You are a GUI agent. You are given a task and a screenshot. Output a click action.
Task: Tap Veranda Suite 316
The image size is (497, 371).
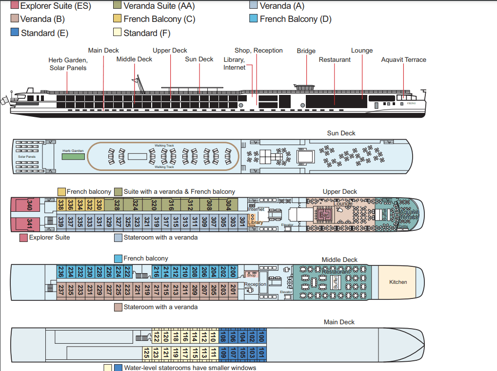point(171,204)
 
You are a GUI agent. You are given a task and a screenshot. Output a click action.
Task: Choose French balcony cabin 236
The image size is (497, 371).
point(61,272)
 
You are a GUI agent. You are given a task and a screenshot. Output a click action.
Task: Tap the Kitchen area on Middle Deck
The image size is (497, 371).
point(398,282)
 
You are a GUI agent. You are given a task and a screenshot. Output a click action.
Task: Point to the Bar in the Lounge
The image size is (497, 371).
point(324,214)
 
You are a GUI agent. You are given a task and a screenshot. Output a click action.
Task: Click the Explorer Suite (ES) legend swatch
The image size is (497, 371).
point(15,6)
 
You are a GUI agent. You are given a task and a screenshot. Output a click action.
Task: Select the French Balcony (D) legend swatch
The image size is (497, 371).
point(253,19)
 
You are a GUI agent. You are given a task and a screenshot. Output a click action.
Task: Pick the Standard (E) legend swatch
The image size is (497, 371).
point(15,33)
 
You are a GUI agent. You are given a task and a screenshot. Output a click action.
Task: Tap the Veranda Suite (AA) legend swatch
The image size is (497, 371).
point(117,6)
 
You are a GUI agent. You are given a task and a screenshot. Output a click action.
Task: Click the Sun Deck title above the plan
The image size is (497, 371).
point(341,133)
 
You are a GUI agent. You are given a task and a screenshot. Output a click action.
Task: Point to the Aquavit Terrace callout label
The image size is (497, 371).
point(403,60)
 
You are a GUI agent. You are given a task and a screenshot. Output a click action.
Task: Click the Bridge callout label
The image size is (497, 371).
point(306,51)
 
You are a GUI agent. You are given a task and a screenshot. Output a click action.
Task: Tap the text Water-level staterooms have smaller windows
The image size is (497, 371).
point(190,368)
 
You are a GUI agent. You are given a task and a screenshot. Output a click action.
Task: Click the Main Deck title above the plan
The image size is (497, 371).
point(339,322)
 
